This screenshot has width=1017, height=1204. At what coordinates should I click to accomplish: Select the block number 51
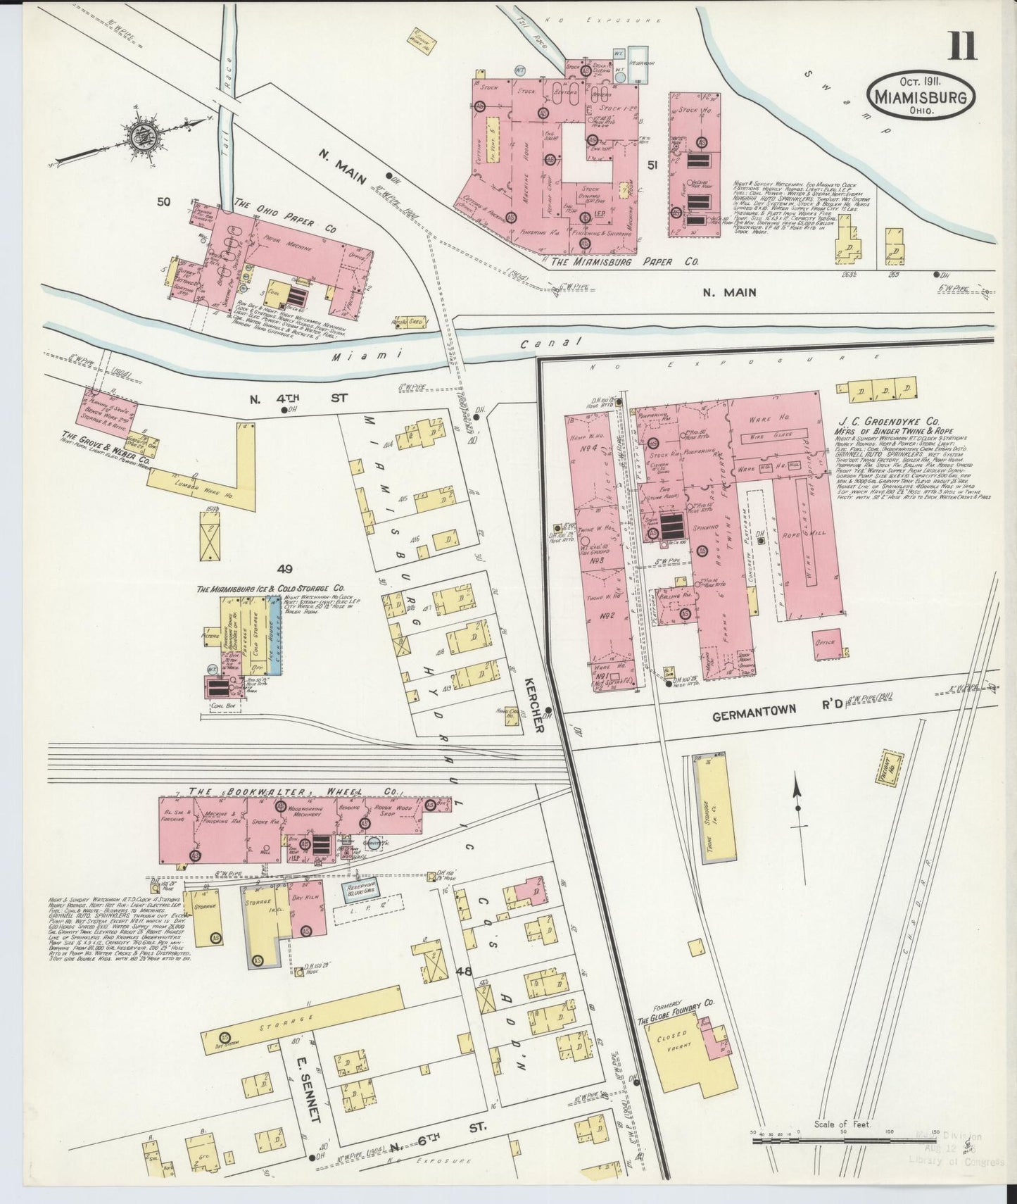(652, 165)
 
